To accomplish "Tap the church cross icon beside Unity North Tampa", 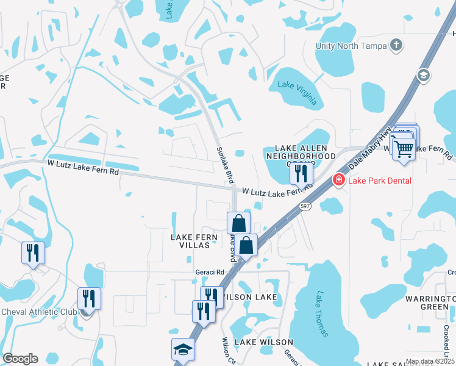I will pos(396,45).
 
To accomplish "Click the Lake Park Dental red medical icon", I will pos(337,180).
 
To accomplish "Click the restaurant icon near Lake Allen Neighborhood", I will pos(300,173).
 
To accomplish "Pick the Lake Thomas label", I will pos(322,314).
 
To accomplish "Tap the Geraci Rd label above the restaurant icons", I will pos(210,272).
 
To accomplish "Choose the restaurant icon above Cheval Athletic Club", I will pos(89,298).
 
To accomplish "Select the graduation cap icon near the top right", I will pos(422,75).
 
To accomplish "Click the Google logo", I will pos(20,359).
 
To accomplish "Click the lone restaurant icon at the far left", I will pos(33,253).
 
